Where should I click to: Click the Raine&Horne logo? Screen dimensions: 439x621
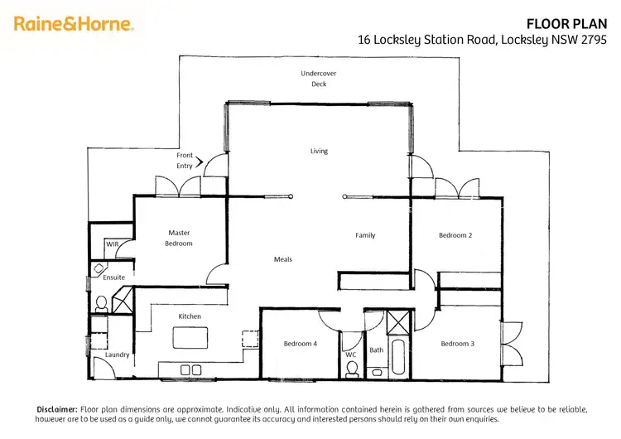click(74, 24)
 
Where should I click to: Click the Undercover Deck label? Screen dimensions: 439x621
click(319, 79)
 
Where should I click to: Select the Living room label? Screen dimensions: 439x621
click(319, 151)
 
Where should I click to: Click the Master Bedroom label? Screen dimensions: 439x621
click(179, 239)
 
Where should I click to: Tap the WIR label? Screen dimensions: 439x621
click(112, 244)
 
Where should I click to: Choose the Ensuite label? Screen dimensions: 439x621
click(114, 277)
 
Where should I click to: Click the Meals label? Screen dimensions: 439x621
click(283, 259)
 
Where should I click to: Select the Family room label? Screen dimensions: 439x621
click(365, 235)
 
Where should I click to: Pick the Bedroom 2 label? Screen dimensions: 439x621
click(455, 235)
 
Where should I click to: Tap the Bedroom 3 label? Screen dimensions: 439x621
click(457, 344)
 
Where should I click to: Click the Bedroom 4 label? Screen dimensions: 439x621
click(299, 344)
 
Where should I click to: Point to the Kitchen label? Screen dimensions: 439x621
click(190, 316)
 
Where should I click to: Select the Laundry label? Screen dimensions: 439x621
click(117, 355)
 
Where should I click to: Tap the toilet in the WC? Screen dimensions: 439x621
click(352, 369)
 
